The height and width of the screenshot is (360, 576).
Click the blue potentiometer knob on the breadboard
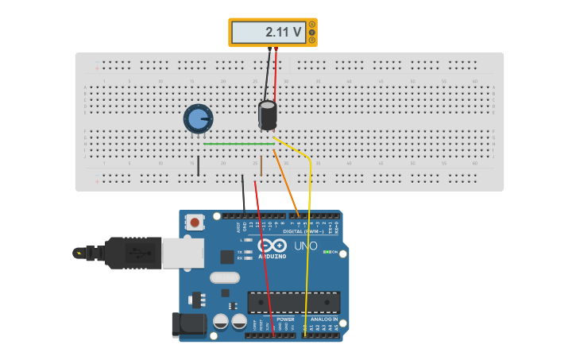198,119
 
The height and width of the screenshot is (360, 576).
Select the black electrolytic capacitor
268,114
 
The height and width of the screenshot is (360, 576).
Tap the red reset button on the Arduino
195,223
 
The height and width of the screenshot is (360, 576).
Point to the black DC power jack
189,324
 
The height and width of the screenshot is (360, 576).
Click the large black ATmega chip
293,302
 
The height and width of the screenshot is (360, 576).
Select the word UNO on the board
306,246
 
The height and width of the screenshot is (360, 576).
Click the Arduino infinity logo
272,246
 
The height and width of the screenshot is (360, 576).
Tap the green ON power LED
326,252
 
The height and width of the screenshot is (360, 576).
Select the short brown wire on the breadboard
261,165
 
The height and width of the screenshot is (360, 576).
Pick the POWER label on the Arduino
285,319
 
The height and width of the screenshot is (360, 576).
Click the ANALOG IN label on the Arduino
324,319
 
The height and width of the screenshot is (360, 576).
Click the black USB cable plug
131,253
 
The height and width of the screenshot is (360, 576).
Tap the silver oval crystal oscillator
225,278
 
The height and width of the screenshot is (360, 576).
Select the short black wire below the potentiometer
199,165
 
